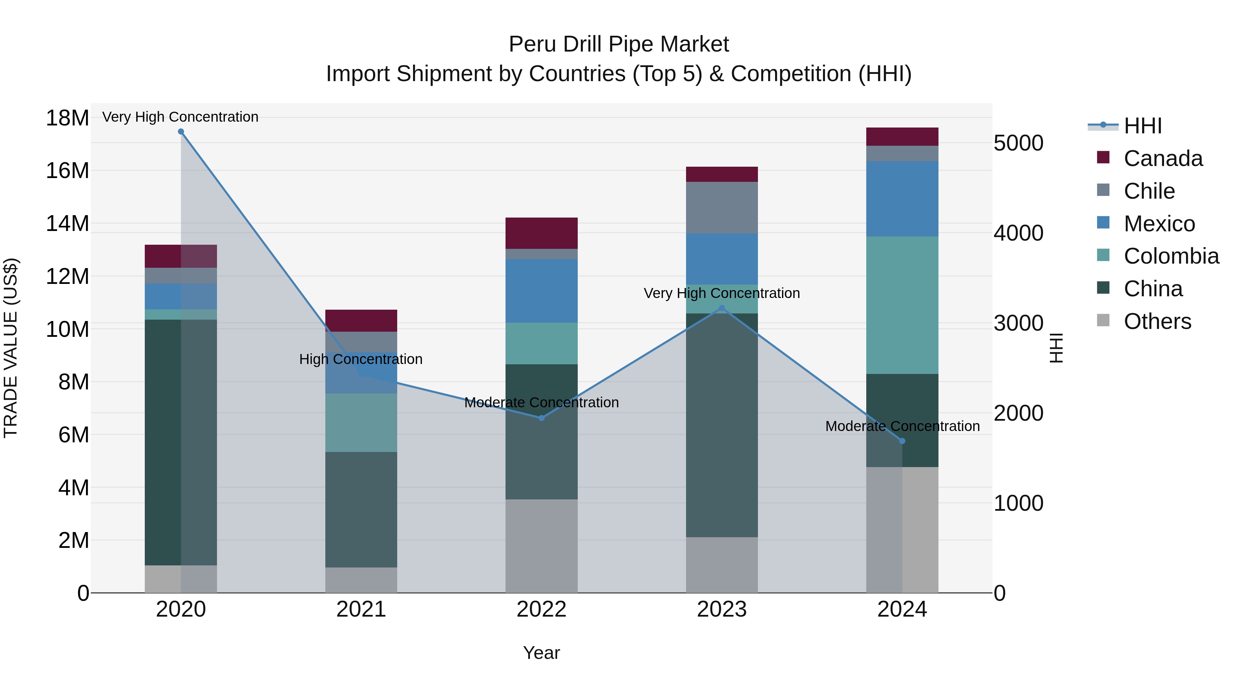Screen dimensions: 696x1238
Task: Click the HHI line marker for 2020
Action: pos(181,132)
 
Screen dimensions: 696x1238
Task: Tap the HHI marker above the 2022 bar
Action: pos(541,418)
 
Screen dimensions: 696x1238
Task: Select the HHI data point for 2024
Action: pos(902,441)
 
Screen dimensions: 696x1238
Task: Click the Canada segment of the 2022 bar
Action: pos(541,233)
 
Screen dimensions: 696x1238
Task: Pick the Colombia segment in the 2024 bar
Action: pos(902,305)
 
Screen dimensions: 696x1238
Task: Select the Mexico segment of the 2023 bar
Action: pos(721,259)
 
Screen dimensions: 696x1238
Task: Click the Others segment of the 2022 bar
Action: pos(541,546)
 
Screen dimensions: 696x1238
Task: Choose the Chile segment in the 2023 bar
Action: pos(721,208)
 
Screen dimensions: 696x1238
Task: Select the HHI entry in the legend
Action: pos(1142,126)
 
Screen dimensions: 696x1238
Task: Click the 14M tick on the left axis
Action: pos(67,224)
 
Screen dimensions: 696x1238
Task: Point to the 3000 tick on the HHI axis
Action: pos(1018,323)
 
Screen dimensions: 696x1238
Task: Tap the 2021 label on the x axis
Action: pos(361,609)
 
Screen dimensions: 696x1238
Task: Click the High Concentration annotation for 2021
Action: pos(361,359)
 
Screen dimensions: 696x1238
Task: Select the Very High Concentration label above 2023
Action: pos(721,293)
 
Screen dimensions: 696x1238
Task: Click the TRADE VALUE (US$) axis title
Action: pos(11,348)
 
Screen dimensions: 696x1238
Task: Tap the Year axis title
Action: pos(541,653)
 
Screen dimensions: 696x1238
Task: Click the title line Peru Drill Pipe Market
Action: pos(619,44)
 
